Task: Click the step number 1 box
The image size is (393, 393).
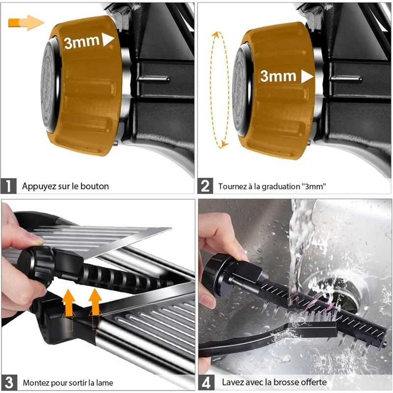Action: coord(9,186)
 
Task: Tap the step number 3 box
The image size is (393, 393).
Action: coord(9,382)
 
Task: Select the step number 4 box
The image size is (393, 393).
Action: coord(206,382)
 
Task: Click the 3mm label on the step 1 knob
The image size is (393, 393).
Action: coord(82,42)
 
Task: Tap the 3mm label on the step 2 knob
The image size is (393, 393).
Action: coord(278,76)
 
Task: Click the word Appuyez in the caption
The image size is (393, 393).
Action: coord(38,187)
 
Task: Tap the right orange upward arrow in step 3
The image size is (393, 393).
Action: coord(95,301)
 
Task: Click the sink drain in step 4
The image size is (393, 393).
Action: coord(324,290)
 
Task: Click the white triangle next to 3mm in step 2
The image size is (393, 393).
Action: coord(307,76)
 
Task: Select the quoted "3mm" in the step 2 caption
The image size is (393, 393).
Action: coord(314,187)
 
